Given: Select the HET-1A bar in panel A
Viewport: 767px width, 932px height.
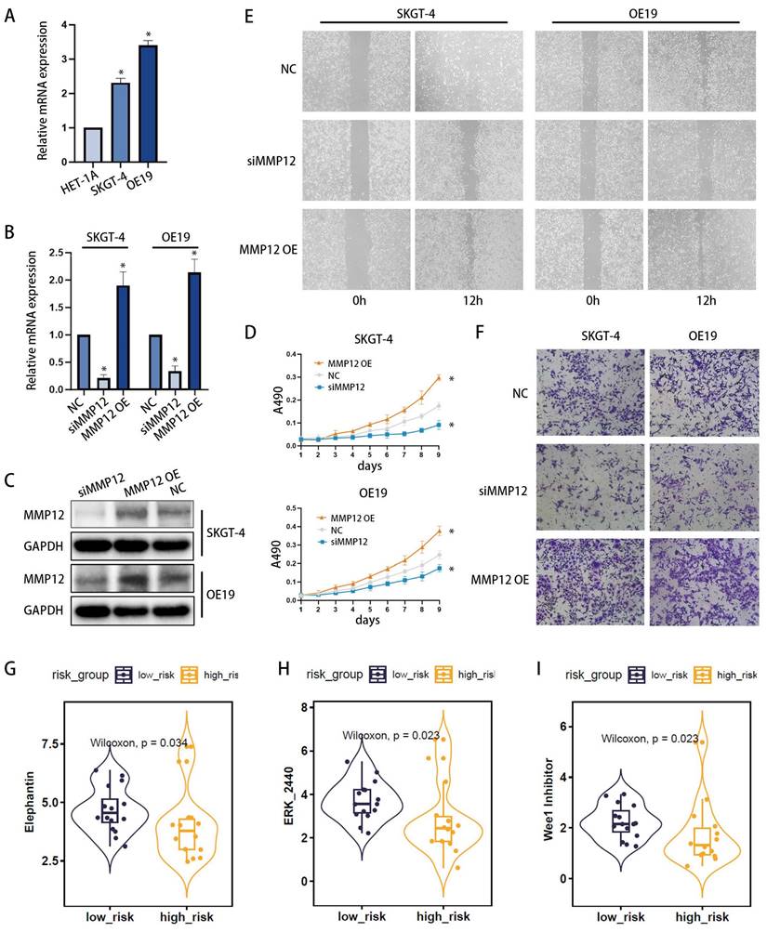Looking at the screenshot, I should point(92,145).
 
